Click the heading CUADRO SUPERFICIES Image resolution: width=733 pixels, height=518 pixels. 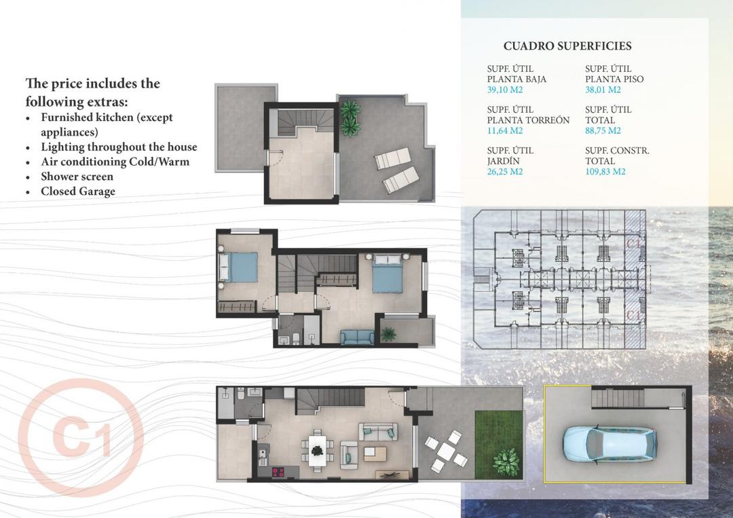[x=567, y=46]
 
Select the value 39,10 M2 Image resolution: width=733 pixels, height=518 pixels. [x=506, y=90]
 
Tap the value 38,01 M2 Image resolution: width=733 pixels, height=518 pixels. [x=603, y=90]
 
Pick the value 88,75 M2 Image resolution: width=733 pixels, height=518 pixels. [x=603, y=130]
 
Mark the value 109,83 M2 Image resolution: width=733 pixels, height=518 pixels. [x=605, y=172]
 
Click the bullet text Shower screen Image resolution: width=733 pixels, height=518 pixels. [x=77, y=177]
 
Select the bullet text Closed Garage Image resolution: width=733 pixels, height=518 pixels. [x=78, y=191]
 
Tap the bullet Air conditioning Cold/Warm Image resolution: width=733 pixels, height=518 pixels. [x=115, y=162]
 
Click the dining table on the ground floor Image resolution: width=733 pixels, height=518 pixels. [x=317, y=449]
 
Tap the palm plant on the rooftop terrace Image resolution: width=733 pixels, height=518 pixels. [x=350, y=116]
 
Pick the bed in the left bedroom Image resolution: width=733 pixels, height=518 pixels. [x=238, y=267]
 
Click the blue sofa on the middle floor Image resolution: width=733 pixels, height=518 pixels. [x=357, y=337]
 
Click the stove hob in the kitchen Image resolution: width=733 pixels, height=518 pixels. [x=278, y=471]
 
